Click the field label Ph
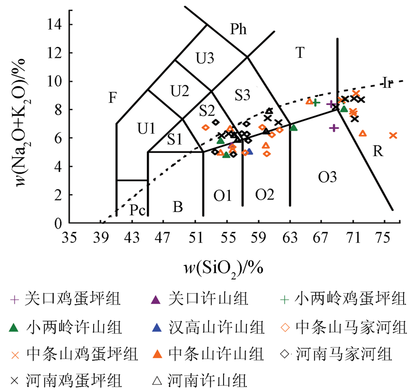(239, 29)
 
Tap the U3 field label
(205, 58)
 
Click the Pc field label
(137, 210)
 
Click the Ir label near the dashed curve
(388, 82)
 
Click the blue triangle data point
(249, 151)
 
